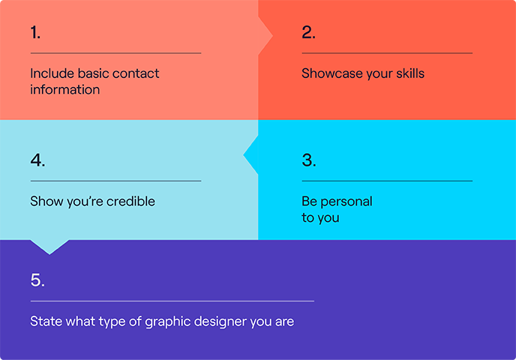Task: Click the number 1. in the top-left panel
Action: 36,32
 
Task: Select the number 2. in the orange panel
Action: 308,32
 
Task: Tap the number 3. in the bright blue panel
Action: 308,160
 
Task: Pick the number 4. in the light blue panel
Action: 37,160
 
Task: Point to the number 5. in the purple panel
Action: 37,280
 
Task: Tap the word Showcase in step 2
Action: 328,73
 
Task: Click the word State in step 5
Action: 44,321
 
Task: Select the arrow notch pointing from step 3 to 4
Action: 250,156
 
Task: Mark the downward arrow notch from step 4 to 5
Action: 49,246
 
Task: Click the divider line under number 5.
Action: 172,301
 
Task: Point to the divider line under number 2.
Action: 387,53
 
